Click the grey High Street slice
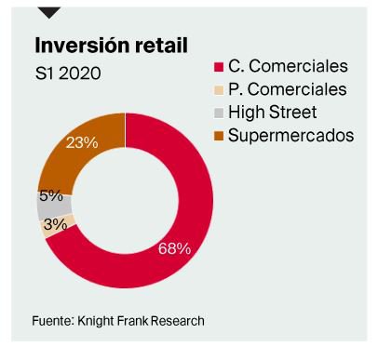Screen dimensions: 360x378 tap(46, 203)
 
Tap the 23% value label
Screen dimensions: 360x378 tap(82, 142)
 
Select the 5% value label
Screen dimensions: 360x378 tap(50, 196)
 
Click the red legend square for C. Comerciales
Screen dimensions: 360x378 tap(220, 67)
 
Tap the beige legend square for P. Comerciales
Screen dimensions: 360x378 tap(220, 90)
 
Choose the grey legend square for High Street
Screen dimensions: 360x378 tap(220, 113)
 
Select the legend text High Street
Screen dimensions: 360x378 tap(277, 113)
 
